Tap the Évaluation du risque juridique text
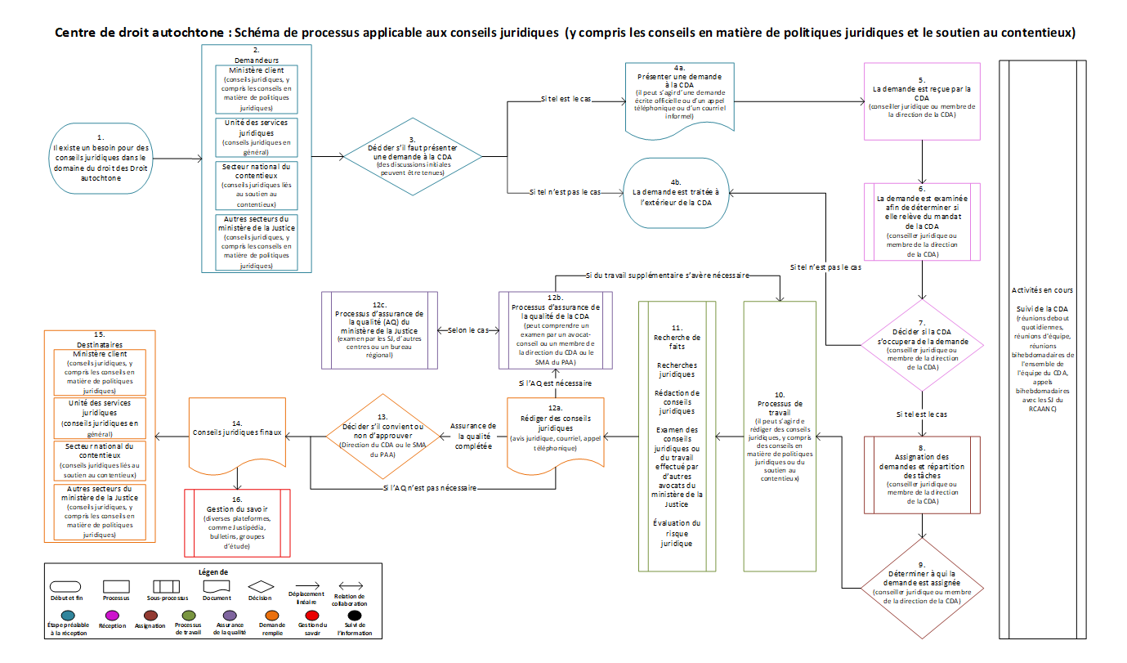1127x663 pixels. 677,532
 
